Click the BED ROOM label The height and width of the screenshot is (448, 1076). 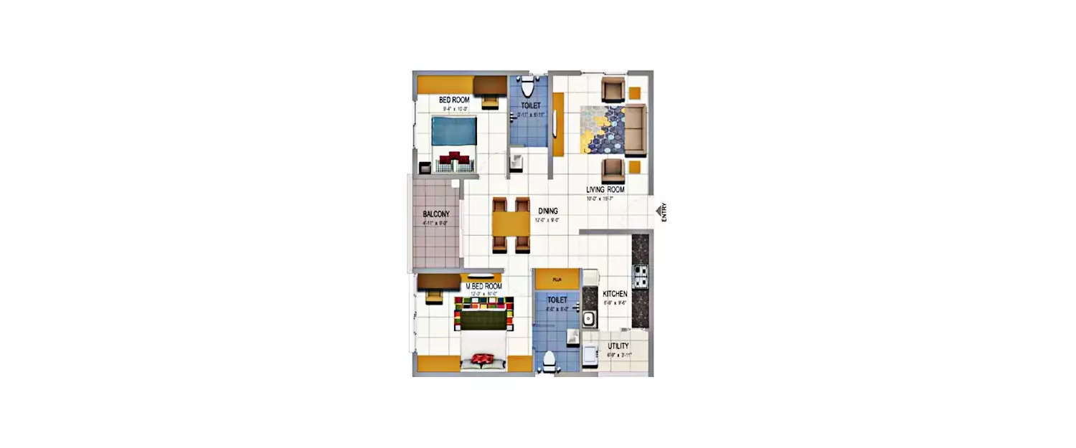[454, 100]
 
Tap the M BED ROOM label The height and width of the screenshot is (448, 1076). [484, 286]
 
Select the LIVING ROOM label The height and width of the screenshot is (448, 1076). [605, 189]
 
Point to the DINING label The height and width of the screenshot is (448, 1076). [548, 211]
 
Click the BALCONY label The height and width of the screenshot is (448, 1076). [436, 214]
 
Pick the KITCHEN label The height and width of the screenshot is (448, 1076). [615, 294]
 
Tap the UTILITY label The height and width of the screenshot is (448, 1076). [618, 346]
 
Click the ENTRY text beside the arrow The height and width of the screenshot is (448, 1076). [664, 212]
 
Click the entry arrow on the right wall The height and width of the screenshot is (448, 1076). [657, 212]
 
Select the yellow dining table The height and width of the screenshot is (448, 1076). [511, 224]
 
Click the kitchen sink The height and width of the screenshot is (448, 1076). [590, 318]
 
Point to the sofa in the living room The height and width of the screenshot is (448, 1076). [636, 130]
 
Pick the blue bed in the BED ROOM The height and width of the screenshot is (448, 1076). [454, 134]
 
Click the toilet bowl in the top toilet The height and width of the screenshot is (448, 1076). [528, 87]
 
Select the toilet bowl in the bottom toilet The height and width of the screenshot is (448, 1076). [549, 361]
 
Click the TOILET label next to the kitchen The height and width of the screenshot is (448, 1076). [557, 300]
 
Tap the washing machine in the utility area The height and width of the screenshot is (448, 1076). [590, 354]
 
